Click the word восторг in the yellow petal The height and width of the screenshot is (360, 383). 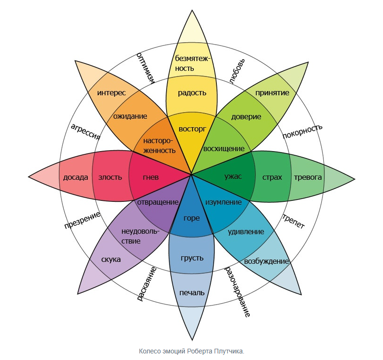pos(192,128)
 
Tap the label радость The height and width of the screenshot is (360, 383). pos(192,92)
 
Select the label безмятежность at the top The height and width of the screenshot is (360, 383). pos(192,63)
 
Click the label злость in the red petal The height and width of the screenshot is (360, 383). pos(110,177)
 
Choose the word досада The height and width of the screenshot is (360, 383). pos(76,177)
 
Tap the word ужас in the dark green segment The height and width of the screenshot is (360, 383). pos(233,176)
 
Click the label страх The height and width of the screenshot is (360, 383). pos(272,177)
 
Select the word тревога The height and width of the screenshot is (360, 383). pos(307,177)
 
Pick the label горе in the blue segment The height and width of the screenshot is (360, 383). pos(191,218)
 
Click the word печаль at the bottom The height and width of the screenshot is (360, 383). pos(192,292)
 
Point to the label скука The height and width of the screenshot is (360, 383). pos(111,259)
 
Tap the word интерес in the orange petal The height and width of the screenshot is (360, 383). pos(111,92)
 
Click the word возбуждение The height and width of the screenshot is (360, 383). pos(266,261)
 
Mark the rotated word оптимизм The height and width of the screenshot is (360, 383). pos(146,69)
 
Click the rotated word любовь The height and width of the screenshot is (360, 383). pos(237,71)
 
